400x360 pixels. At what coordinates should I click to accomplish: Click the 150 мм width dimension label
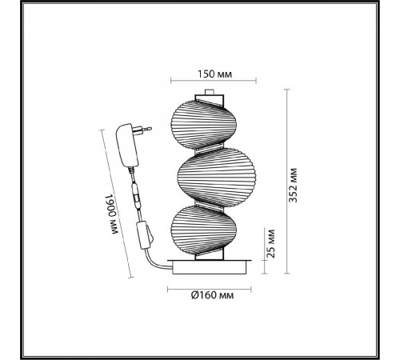coord(214,74)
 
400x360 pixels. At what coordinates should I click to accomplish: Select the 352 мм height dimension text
coord(293,186)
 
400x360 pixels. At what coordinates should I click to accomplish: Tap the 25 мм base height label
coord(270,243)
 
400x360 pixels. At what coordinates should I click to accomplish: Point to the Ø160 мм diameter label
coord(212,295)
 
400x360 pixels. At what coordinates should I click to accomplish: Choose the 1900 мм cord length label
coord(110,214)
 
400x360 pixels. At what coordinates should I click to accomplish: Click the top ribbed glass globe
coord(203,125)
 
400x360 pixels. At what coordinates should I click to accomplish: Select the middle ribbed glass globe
coord(217,178)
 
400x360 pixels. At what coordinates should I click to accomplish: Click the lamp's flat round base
coord(210,266)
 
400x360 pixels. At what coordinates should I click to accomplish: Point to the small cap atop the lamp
coord(210,91)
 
